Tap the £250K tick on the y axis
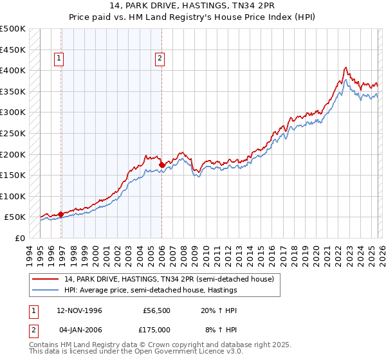(13, 133)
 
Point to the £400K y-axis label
(13, 70)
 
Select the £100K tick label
(13, 196)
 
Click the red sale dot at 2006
(161, 165)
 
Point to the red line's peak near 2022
(346, 67)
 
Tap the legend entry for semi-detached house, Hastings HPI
(151, 291)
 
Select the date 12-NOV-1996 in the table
(76, 310)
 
